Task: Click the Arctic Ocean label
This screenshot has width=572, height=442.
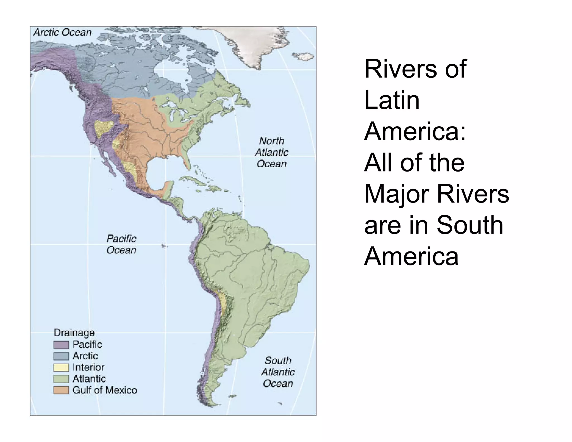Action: click(63, 32)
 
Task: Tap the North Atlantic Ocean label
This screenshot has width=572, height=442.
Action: click(271, 152)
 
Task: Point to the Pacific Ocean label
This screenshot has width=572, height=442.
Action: click(121, 244)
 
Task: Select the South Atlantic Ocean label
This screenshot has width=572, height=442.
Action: click(278, 372)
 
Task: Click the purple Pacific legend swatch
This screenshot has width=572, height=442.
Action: click(61, 345)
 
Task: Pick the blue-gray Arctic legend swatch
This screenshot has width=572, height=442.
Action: click(61, 356)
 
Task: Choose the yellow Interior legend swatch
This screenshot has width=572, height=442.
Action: click(61, 367)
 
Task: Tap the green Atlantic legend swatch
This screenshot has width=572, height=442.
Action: click(61, 379)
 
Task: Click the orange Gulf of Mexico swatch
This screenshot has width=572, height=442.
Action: click(61, 390)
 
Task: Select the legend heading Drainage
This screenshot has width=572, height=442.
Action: click(74, 332)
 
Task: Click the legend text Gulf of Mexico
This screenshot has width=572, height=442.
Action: click(105, 390)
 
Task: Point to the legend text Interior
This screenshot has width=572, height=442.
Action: click(88, 367)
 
